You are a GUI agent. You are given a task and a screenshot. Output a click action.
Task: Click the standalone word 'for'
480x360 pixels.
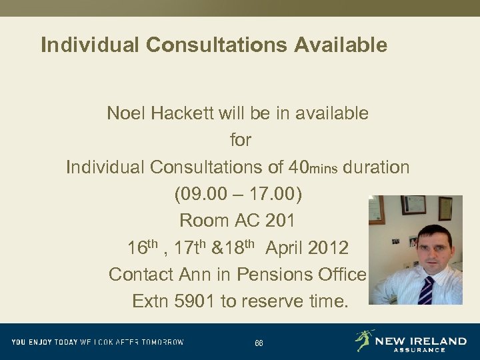coord(240,140)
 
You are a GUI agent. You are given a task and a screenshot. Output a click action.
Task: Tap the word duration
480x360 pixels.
coord(377,167)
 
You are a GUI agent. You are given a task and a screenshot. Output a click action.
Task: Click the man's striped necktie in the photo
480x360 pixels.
coord(425,289)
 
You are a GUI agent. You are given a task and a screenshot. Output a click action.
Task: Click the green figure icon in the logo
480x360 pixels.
coord(365,340)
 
